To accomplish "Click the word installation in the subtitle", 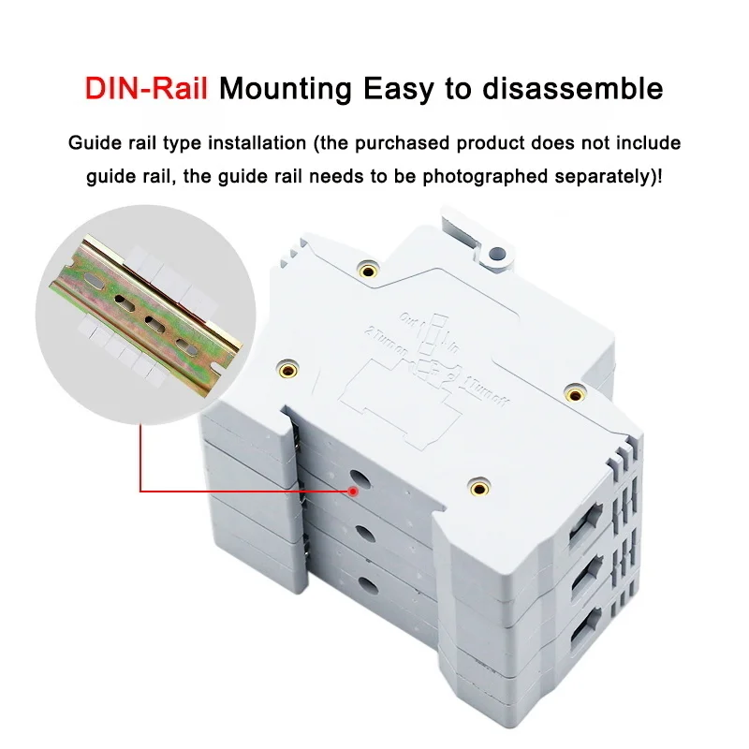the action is [x=257, y=144].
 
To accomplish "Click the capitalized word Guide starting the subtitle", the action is [x=91, y=144].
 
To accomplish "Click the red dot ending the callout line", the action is [x=353, y=490].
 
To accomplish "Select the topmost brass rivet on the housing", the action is [x=369, y=272].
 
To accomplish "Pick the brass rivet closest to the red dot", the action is [x=478, y=485].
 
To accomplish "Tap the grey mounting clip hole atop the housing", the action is [x=498, y=254].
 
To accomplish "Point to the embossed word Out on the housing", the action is [x=408, y=319].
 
